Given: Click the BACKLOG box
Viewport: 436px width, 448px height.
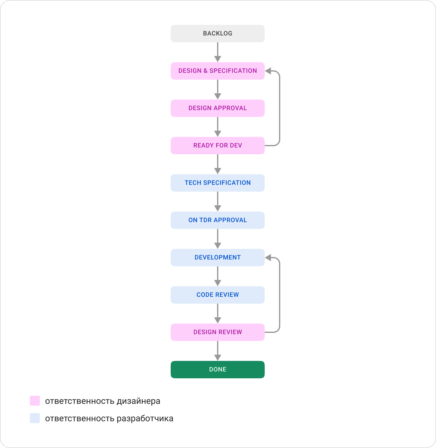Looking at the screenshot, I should (217, 34).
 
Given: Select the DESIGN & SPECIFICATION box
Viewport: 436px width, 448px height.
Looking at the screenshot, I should (217, 71).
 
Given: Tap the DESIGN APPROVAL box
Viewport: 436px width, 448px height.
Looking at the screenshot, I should (217, 108).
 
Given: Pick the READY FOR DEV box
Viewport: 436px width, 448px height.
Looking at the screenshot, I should (217, 146).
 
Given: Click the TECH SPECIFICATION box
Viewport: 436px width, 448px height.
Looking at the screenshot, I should (217, 183).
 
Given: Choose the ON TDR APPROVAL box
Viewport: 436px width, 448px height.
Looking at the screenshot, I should (217, 220).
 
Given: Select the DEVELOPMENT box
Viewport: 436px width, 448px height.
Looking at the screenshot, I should (217, 258).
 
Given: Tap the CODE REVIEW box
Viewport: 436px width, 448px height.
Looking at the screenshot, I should (217, 295).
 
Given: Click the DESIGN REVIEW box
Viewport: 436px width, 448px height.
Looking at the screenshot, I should (217, 332).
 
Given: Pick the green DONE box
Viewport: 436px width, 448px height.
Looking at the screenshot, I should (217, 370).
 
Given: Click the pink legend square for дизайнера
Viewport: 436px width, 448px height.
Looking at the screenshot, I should (35, 401).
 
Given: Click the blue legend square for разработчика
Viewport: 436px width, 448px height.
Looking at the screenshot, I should (35, 418).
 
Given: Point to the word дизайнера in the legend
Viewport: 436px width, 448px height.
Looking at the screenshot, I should (138, 401).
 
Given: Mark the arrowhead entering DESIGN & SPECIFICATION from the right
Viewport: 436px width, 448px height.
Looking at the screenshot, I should (268, 71).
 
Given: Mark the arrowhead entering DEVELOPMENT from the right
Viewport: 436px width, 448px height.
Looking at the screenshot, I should (268, 258).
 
